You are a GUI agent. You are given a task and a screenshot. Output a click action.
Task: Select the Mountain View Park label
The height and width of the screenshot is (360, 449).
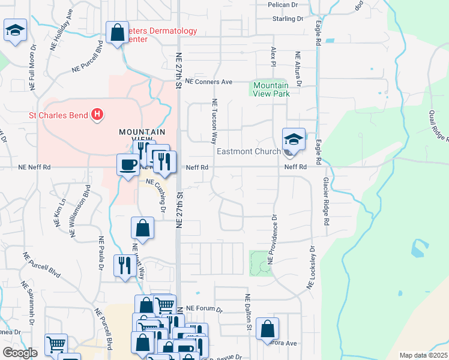tap(270, 90)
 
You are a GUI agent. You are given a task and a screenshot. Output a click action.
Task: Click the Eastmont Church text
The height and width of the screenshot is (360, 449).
tap(248, 151)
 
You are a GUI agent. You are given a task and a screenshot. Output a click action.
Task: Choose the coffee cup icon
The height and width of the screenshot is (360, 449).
tap(128, 164)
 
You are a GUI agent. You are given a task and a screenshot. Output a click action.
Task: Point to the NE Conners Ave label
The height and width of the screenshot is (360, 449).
tap(209, 81)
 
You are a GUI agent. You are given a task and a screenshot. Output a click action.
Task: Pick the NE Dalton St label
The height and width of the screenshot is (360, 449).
tap(247, 313)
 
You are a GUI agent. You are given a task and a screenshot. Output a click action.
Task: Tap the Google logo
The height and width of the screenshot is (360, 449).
tap(20, 353)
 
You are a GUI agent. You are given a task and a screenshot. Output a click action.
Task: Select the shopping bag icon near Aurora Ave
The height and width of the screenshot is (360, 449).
tap(267, 329)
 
